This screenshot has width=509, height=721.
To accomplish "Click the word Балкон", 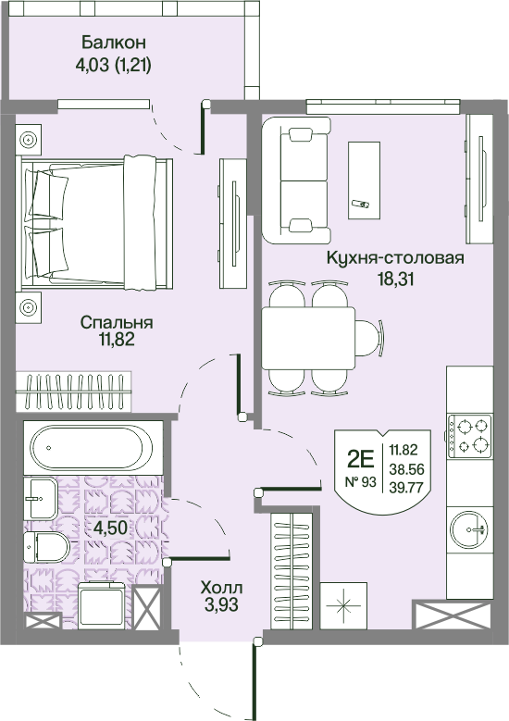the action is pyautogui.click(x=114, y=43).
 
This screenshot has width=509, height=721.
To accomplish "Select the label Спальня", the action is pyautogui.click(x=117, y=322).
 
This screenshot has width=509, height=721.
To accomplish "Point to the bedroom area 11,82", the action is pyautogui.click(x=116, y=340).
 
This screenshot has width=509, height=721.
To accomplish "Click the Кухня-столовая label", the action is pyautogui.click(x=395, y=258).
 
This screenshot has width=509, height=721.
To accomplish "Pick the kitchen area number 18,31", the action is pyautogui.click(x=395, y=280).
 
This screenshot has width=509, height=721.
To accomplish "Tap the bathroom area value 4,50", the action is pyautogui.click(x=110, y=528).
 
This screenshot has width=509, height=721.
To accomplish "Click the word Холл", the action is pyautogui.click(x=221, y=588).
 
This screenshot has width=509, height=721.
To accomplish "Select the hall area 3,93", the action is pyautogui.click(x=221, y=604).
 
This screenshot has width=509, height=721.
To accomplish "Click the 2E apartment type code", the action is pyautogui.click(x=361, y=457).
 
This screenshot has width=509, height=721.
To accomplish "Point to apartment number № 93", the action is pyautogui.click(x=361, y=482).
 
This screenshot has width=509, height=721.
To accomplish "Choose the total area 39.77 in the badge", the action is pyautogui.click(x=406, y=488).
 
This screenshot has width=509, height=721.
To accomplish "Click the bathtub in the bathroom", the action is pyautogui.click(x=91, y=448).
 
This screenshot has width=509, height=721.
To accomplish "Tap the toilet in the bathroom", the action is pyautogui.click(x=46, y=548).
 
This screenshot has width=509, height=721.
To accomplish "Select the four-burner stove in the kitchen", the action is pyautogui.click(x=469, y=436).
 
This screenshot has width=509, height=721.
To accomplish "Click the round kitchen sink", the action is pyautogui.click(x=469, y=529).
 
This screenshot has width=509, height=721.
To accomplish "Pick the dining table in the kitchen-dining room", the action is pyautogui.click(x=308, y=338).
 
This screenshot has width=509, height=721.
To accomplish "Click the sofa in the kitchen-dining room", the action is pyautogui.click(x=296, y=180).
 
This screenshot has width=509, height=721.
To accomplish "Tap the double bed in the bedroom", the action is pyautogui.click(x=95, y=223).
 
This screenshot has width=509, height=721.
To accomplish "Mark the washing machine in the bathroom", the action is pyautogui.click(x=102, y=605).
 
